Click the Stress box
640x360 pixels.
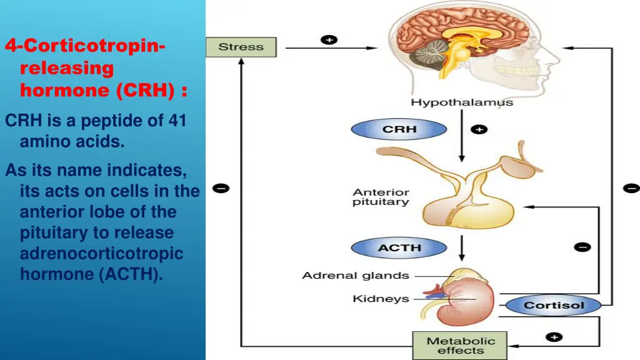pyautogui.click(x=241, y=47)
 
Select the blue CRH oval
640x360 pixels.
pyautogui.click(x=399, y=129)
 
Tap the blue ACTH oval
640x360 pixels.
pyautogui.click(x=399, y=248)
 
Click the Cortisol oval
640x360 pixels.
pyautogui.click(x=553, y=306)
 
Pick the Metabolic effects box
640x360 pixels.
pyautogui.click(x=460, y=346)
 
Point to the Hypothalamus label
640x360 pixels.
pyautogui.click(x=461, y=102)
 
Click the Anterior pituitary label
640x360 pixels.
pyautogui.click(x=381, y=197)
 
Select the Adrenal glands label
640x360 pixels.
pyautogui.click(x=356, y=275)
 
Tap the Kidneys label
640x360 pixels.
pyautogui.click(x=381, y=299)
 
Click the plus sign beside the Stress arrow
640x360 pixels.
pyautogui.click(x=329, y=40)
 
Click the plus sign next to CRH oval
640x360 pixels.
pyautogui.click(x=479, y=129)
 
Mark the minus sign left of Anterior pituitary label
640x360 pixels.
pyautogui.click(x=221, y=187)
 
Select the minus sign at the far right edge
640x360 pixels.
pyautogui.click(x=631, y=187)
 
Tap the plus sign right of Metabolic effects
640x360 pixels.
pyautogui.click(x=553, y=337)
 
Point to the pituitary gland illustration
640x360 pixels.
pyautogui.click(x=459, y=206)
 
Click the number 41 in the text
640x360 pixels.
pyautogui.click(x=177, y=120)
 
